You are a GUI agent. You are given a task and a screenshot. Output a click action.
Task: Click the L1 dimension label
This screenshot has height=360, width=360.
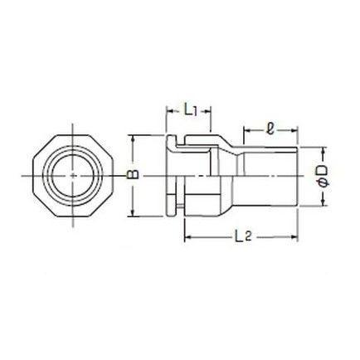[191, 111]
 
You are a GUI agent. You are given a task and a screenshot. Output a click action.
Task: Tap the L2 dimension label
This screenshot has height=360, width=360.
[243, 236]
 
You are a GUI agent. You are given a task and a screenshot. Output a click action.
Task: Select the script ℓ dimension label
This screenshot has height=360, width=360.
[270, 129]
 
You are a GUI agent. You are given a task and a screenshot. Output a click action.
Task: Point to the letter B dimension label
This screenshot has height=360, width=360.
[133, 176]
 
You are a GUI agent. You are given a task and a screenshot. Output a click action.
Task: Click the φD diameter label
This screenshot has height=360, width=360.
[322, 176]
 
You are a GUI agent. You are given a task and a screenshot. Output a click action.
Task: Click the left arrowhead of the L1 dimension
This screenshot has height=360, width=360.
[168, 111]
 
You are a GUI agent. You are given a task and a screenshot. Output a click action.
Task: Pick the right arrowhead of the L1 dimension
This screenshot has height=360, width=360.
[207, 111]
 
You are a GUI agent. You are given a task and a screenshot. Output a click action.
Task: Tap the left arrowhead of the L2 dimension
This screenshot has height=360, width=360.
[187, 237]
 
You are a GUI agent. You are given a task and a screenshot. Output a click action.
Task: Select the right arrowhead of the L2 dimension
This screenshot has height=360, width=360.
[294, 237]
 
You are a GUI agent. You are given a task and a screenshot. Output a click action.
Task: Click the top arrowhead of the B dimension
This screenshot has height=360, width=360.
[133, 139]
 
